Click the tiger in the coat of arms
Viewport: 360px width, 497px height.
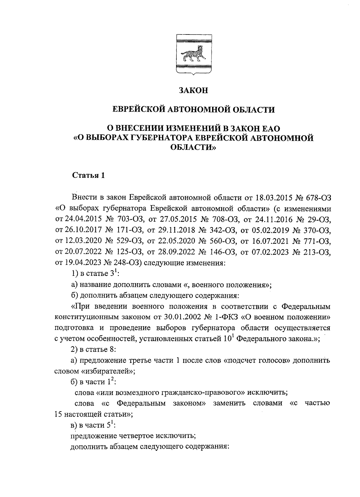[193, 55]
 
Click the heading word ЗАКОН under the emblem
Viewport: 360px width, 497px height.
[193, 91]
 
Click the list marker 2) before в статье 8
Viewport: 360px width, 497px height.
[73, 350]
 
